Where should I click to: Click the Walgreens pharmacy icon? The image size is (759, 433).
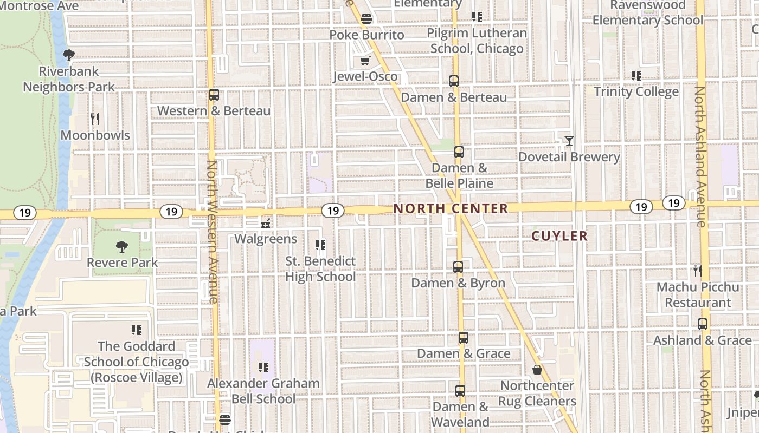click(x=266, y=222)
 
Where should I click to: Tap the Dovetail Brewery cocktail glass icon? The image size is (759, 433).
click(x=569, y=141)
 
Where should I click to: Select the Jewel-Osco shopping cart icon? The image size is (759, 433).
click(x=365, y=61)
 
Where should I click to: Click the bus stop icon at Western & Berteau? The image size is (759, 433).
click(x=214, y=95)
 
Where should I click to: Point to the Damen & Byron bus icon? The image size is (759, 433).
click(x=458, y=267)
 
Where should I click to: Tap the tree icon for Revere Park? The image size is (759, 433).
click(x=122, y=247)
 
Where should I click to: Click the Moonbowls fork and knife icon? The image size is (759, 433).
click(x=95, y=119)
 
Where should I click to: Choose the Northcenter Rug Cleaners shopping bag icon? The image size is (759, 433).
click(x=537, y=370)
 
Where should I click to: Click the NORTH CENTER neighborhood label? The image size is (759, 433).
click(x=451, y=208)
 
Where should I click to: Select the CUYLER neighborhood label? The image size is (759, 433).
click(x=559, y=236)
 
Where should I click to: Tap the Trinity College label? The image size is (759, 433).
click(x=636, y=91)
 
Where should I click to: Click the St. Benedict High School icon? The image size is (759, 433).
click(x=320, y=245)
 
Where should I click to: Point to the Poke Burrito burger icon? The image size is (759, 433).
click(x=366, y=19)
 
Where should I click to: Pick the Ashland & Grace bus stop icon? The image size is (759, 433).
click(x=703, y=324)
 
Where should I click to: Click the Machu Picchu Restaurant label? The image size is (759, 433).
click(x=698, y=294)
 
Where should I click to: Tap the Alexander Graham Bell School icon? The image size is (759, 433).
click(x=263, y=368)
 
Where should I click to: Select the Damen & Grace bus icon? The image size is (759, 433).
click(x=463, y=338)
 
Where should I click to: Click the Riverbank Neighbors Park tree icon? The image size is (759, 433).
click(x=69, y=55)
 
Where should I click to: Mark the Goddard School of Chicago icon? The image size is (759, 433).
click(x=137, y=330)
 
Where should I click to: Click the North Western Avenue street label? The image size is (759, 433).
click(x=213, y=231)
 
